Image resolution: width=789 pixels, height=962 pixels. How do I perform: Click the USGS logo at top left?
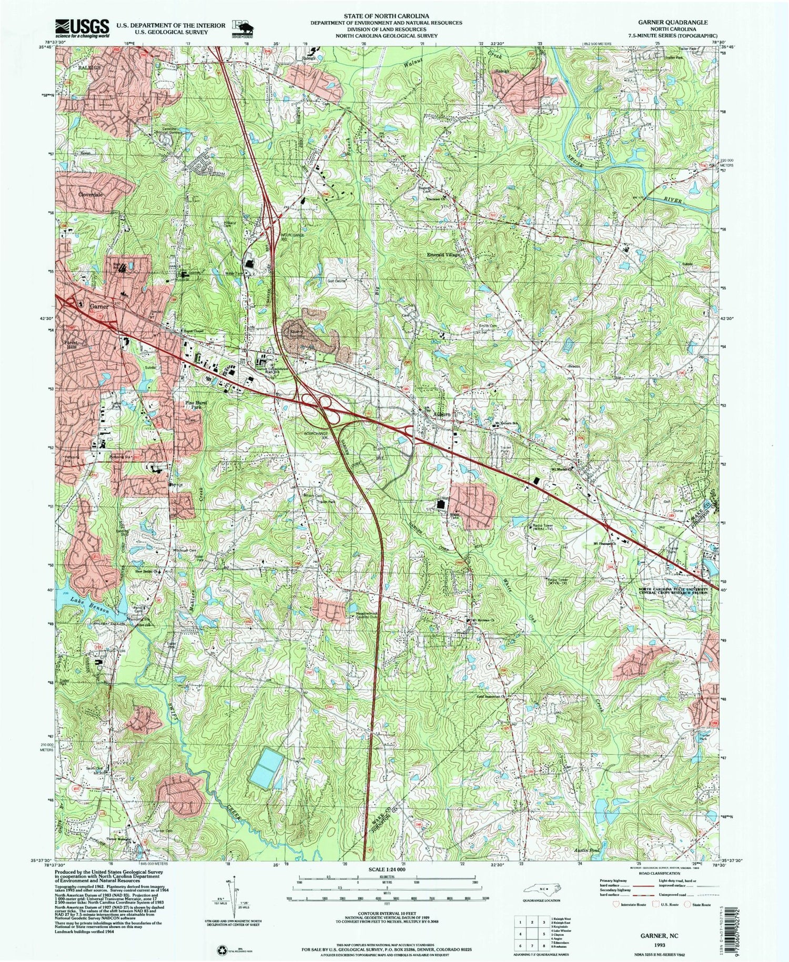[x=82, y=27]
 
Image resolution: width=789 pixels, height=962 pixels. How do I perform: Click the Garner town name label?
[x=99, y=306]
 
